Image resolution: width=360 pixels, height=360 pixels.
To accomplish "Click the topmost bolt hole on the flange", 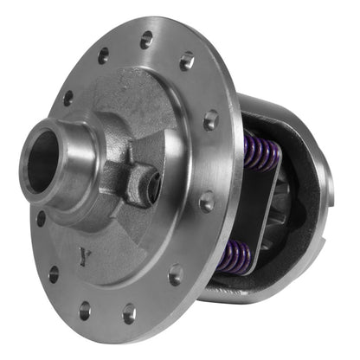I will click(x=146, y=40).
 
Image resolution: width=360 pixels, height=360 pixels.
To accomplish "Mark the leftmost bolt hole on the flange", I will click(x=41, y=219).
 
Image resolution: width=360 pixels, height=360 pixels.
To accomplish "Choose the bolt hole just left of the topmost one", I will click(x=104, y=56).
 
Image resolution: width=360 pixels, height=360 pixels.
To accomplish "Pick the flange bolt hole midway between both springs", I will click(x=207, y=202).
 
